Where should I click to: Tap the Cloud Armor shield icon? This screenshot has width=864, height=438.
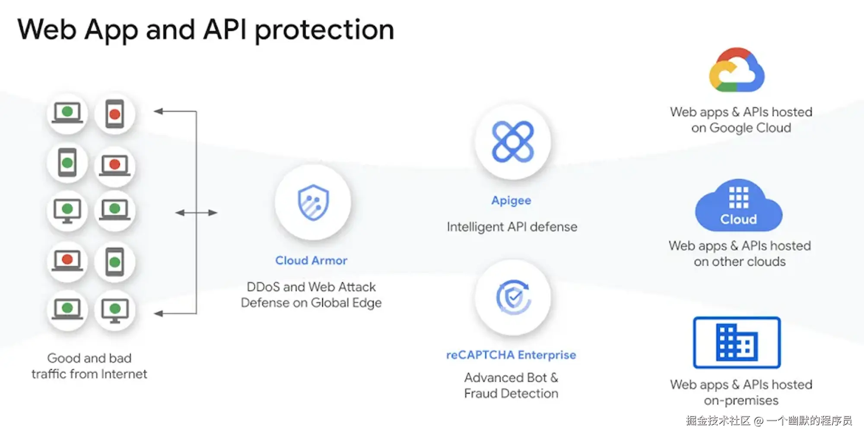(313, 202)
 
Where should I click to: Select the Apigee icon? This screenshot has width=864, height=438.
(513, 142)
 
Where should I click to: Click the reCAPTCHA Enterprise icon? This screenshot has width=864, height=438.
(513, 297)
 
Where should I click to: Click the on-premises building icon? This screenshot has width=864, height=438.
(737, 343)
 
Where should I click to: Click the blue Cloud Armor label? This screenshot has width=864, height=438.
(311, 260)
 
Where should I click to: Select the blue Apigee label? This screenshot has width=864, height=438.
(511, 200)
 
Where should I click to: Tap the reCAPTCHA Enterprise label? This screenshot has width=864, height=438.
(511, 355)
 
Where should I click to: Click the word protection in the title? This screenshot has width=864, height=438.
(324, 30)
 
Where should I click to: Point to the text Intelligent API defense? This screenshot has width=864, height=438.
(512, 227)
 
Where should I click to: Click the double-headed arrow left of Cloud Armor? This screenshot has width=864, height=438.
(197, 213)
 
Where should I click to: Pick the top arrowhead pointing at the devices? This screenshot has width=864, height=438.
(159, 111)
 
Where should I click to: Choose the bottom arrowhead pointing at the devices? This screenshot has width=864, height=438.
(159, 314)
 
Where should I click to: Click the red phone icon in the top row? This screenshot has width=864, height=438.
(114, 114)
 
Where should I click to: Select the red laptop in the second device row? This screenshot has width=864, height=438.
(114, 165)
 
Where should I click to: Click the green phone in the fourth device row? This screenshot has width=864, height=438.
(114, 262)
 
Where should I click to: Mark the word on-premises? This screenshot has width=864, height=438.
(741, 401)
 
